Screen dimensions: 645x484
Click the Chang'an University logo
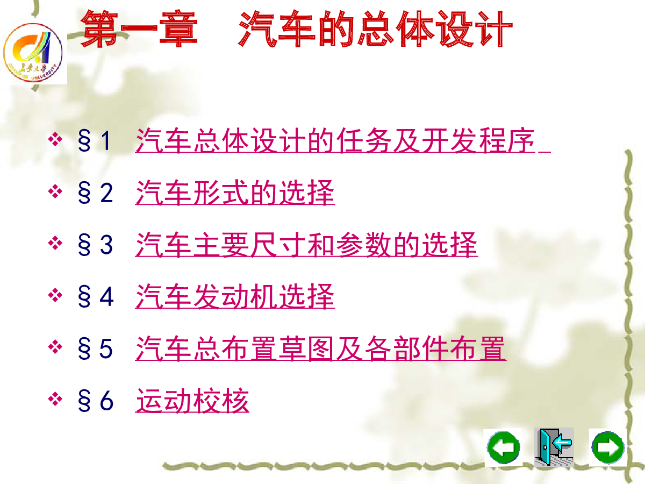[x=33, y=53]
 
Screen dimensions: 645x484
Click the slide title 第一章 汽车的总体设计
[x=296, y=29]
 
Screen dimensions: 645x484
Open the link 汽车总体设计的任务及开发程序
[x=335, y=140]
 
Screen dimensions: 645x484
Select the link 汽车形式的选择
[x=235, y=193]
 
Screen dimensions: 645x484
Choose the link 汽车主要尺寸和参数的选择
[x=306, y=245]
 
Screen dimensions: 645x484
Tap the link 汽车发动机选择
[x=235, y=296]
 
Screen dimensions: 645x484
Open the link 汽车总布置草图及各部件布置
[x=320, y=348]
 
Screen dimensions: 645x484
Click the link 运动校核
[x=192, y=401]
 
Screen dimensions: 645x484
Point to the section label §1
[x=94, y=141]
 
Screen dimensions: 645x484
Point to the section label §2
[x=95, y=193]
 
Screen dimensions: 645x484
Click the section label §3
[x=95, y=245]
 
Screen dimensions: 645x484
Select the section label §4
[x=96, y=297]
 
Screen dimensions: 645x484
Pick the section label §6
[x=96, y=401]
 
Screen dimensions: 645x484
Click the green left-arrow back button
[x=503, y=447]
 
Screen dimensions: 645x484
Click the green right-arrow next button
[x=608, y=447]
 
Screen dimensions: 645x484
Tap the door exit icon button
[x=554, y=447]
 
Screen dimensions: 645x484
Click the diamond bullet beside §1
[x=55, y=139]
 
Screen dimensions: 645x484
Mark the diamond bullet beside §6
[x=55, y=399]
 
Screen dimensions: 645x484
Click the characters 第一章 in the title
[x=139, y=29]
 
